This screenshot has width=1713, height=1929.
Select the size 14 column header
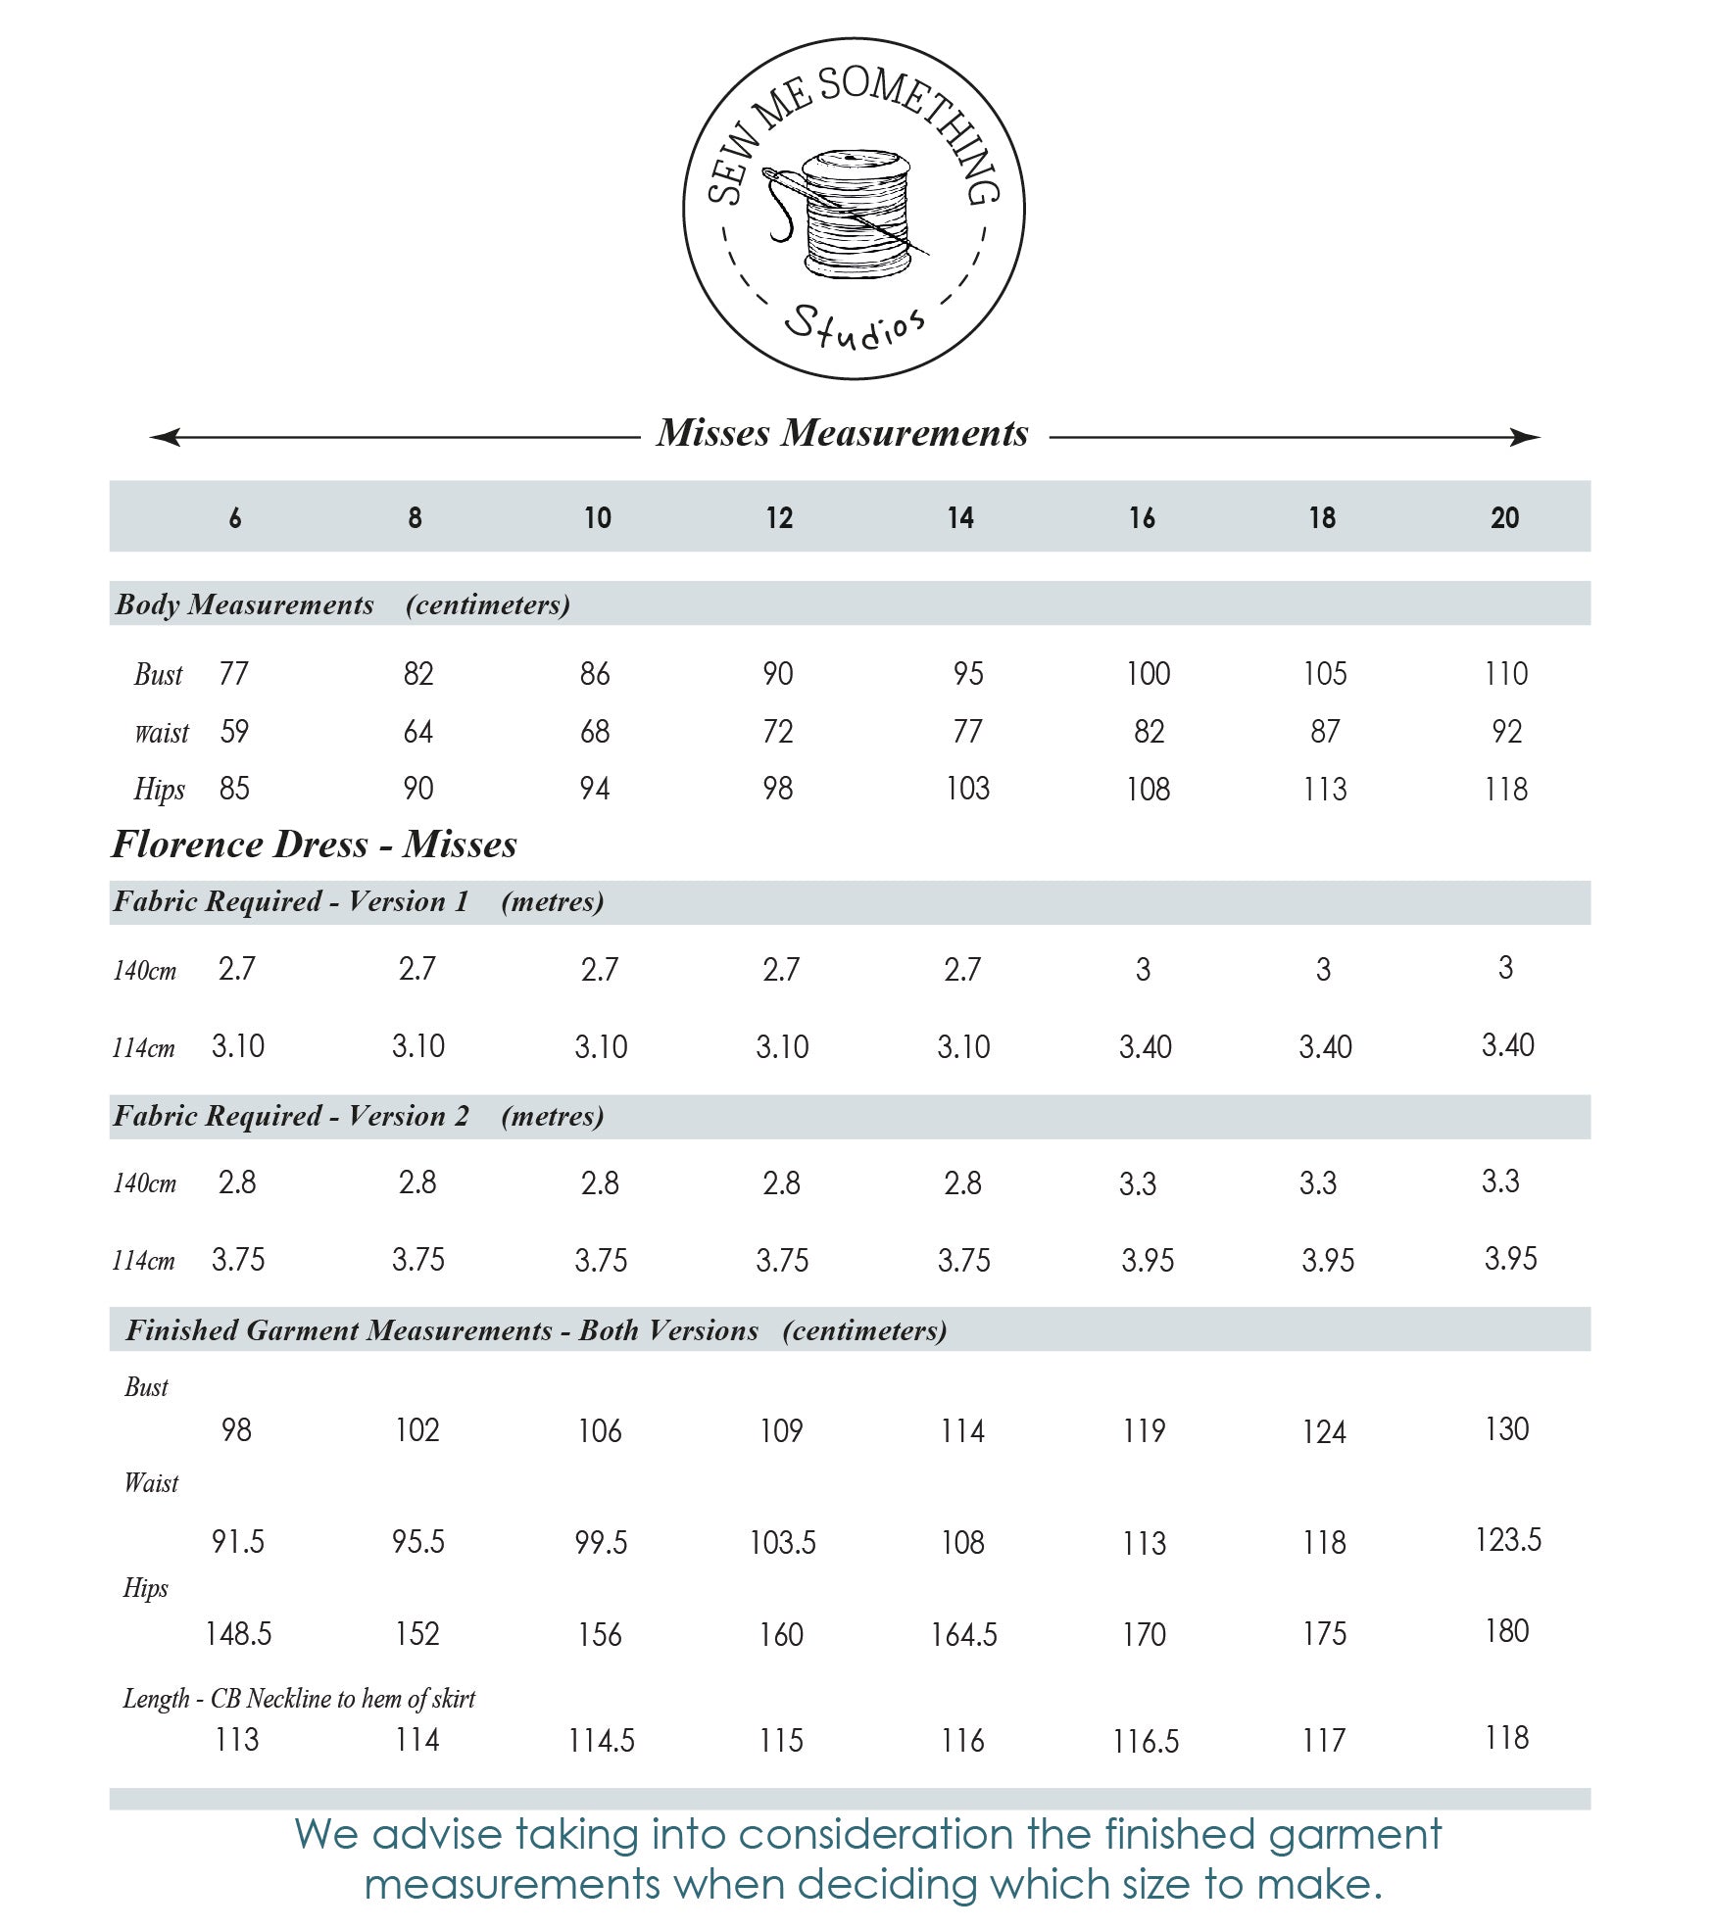point(960,517)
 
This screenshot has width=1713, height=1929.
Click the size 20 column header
point(1504,517)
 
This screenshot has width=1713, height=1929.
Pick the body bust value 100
point(1148,674)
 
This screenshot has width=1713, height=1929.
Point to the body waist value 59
point(234,731)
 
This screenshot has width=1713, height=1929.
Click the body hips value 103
point(967,789)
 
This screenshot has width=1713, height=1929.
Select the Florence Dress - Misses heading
point(314,844)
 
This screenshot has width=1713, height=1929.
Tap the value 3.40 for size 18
point(1325,1047)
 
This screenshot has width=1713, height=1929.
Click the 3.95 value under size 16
point(1148,1260)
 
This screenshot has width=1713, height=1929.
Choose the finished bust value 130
point(1506,1429)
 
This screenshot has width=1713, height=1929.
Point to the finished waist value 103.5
point(782,1543)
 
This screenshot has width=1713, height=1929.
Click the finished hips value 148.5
point(238,1634)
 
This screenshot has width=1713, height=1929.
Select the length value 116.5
point(1146,1741)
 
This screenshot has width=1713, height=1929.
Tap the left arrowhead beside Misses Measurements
point(165,437)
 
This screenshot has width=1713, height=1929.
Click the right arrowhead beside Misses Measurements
point(1525,437)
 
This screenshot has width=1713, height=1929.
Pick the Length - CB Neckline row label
point(299,1698)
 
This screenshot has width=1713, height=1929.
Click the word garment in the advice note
point(1354,1835)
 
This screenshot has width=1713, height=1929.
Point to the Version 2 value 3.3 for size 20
point(1500,1182)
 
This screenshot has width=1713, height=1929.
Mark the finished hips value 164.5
point(963,1634)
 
